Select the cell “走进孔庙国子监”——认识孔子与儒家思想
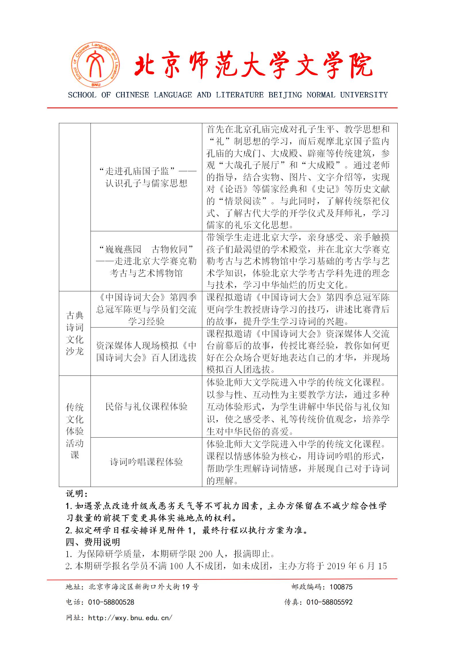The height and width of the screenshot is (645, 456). pyautogui.click(x=146, y=177)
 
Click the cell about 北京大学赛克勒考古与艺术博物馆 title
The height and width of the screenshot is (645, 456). pyautogui.click(x=146, y=261)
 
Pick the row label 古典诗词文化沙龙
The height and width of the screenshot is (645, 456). pyautogui.click(x=75, y=333)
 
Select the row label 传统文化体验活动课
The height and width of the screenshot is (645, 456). pyautogui.click(x=75, y=431)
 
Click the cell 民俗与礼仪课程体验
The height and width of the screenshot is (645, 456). pyautogui.click(x=146, y=407)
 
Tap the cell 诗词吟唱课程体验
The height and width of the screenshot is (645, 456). pyautogui.click(x=146, y=462)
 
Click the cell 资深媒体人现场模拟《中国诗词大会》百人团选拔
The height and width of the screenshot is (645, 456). pyautogui.click(x=146, y=351)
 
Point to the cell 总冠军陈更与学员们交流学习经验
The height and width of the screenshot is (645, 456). pyautogui.click(x=146, y=309)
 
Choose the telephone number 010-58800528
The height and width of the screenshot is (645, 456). pyautogui.click(x=111, y=602)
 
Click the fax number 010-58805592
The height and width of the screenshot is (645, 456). pyautogui.click(x=329, y=602)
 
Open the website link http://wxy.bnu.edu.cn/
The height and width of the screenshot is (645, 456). pyautogui.click(x=130, y=618)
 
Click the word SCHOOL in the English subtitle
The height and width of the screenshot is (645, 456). pyautogui.click(x=82, y=95)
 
